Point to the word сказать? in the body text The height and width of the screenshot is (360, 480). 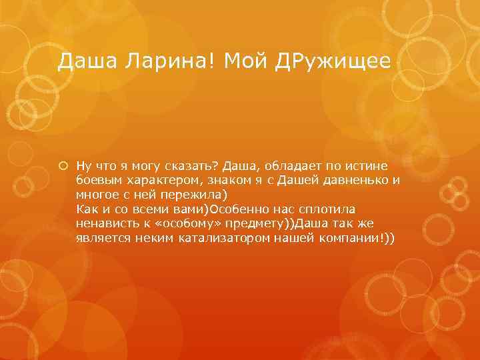[x=193, y=165]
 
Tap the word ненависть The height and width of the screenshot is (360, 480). [x=106, y=223]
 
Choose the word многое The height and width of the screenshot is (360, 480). [x=97, y=194]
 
